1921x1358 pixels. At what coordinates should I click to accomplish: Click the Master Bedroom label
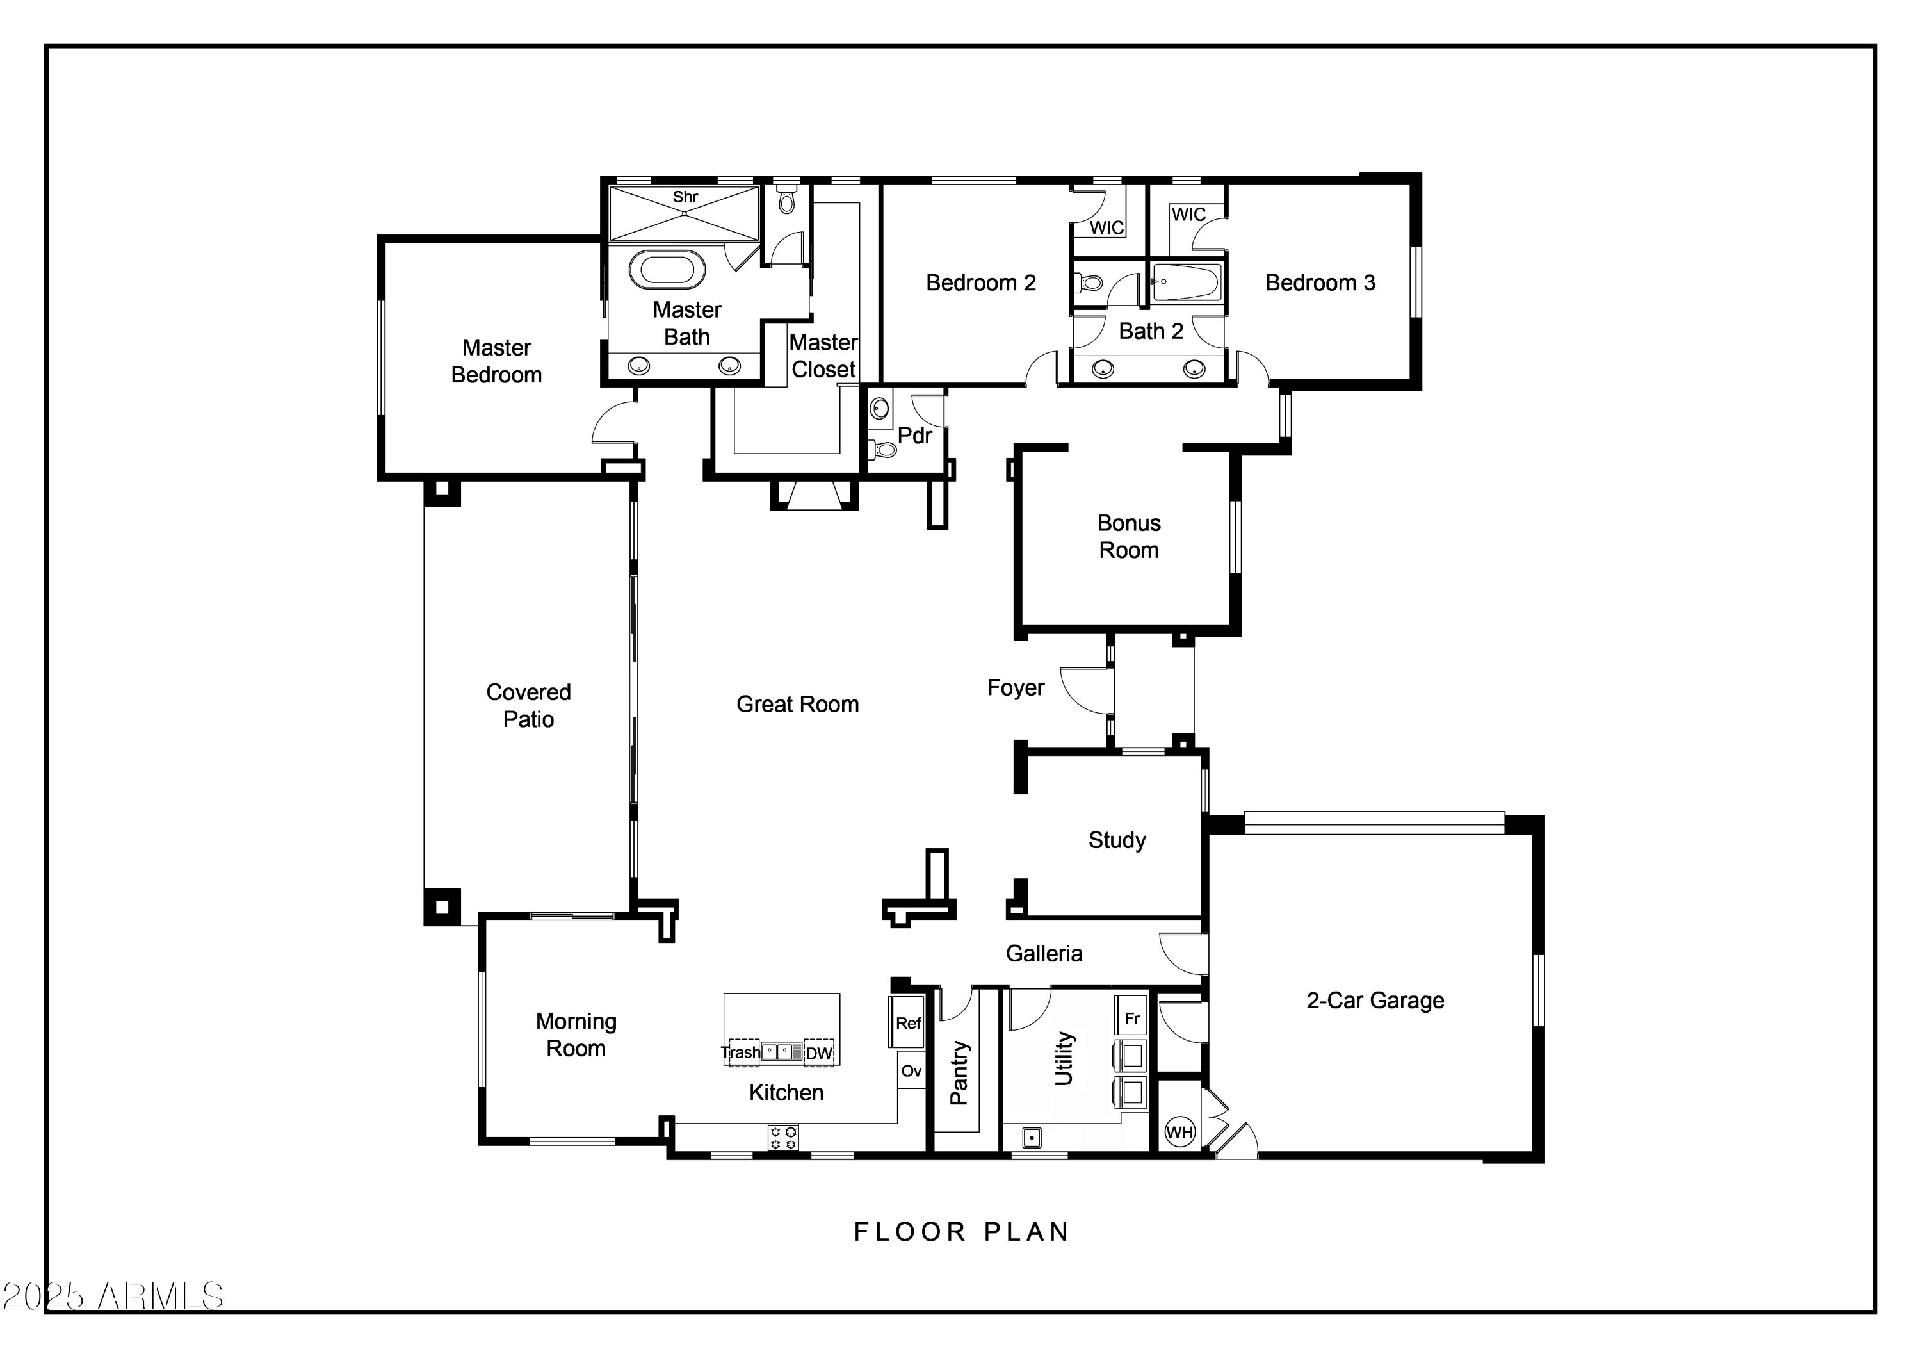click(x=496, y=361)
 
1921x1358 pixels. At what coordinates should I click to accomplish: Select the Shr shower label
click(x=685, y=197)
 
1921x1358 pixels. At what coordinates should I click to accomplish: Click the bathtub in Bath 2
click(x=1187, y=282)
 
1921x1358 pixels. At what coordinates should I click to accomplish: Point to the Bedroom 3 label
click(x=1320, y=283)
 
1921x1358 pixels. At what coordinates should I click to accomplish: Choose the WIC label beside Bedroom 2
click(x=1106, y=227)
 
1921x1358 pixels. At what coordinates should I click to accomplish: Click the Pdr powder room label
click(x=914, y=436)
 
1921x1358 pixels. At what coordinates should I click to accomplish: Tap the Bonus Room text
click(x=1129, y=536)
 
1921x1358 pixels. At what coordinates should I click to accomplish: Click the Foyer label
click(x=1016, y=688)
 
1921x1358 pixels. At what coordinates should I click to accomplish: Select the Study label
click(x=1117, y=840)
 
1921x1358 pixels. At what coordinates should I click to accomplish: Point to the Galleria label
click(x=1044, y=953)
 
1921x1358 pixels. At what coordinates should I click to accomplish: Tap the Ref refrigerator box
click(x=908, y=1022)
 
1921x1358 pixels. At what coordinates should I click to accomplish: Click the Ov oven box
click(x=911, y=1071)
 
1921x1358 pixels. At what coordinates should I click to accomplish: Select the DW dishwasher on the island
click(x=819, y=1052)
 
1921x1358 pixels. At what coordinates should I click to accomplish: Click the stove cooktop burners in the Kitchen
click(x=783, y=1138)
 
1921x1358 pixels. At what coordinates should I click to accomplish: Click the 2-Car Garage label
click(x=1375, y=1000)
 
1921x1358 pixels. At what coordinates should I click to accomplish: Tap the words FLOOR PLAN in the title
click(x=961, y=1232)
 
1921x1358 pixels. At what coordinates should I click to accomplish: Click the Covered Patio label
click(x=529, y=705)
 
